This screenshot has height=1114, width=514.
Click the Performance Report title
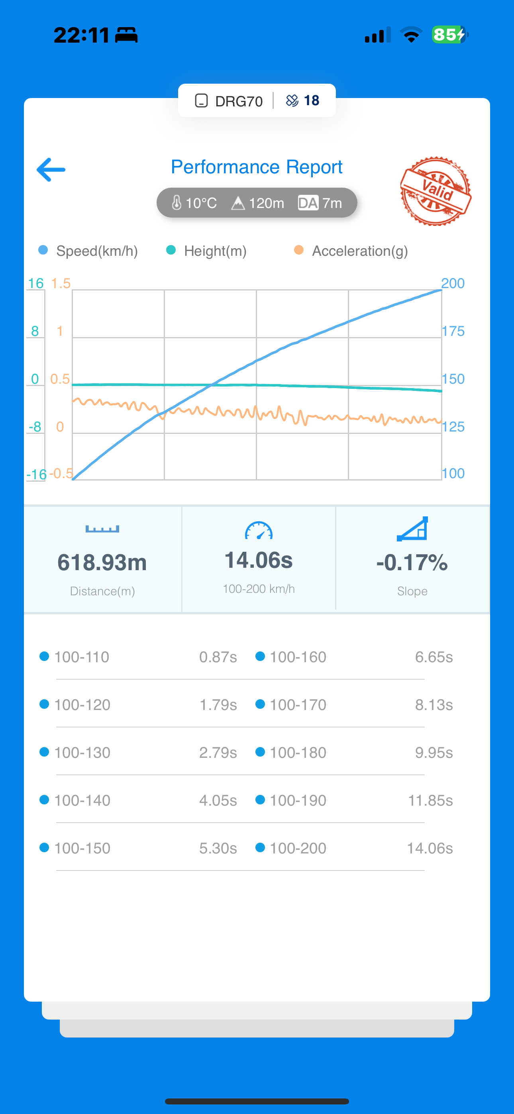257,167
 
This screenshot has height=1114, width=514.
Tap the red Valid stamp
436,191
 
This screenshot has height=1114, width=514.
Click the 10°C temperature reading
194,203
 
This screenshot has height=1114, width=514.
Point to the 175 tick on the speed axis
453,331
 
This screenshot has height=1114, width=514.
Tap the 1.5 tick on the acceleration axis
61,283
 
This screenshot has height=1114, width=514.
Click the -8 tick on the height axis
35,427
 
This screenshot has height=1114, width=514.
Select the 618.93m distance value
102,562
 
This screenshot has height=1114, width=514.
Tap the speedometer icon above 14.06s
259,531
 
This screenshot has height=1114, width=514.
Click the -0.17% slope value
412,562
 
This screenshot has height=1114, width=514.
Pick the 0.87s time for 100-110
218,657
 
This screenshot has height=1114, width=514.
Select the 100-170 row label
298,705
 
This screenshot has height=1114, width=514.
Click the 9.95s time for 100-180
434,753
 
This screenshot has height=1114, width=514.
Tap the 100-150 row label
82,848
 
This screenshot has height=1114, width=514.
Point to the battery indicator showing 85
449,35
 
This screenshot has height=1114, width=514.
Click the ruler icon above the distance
102,529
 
